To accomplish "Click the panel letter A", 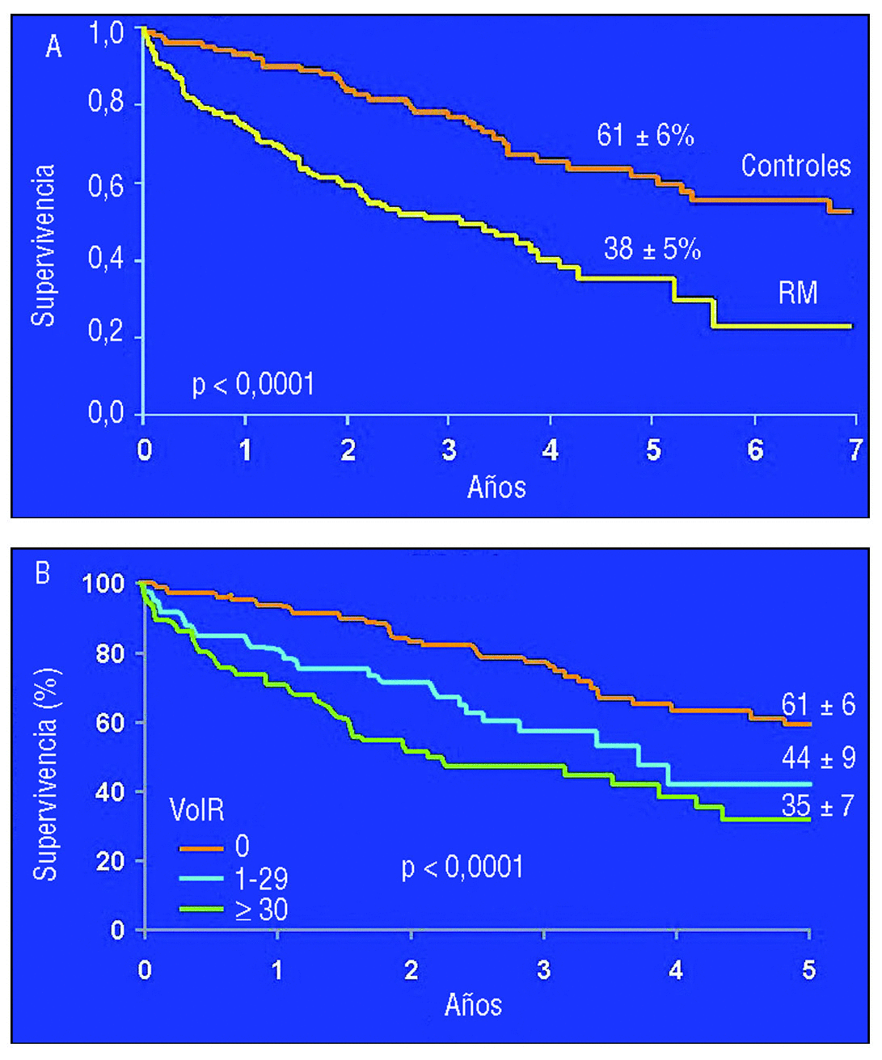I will (x=53, y=47).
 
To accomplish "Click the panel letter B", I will (x=42, y=573).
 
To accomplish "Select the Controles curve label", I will (x=795, y=166).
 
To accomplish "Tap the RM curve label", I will (x=797, y=293).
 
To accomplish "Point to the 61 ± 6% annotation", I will (x=645, y=135).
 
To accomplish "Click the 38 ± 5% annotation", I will (x=652, y=249).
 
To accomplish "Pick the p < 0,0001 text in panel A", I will (x=253, y=384).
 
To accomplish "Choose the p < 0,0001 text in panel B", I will (x=462, y=868).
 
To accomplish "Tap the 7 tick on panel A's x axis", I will (x=855, y=450).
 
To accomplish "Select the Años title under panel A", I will (x=496, y=487).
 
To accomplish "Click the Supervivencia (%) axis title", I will (x=45, y=774).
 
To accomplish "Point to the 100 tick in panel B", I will (x=103, y=583).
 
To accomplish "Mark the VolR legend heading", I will (x=196, y=809).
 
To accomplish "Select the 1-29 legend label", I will (x=261, y=879).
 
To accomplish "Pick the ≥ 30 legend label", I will (x=261, y=910).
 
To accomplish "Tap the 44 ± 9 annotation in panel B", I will (x=817, y=758).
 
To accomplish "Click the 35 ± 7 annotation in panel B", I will (x=817, y=806).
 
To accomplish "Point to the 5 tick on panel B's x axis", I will (x=808, y=969).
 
